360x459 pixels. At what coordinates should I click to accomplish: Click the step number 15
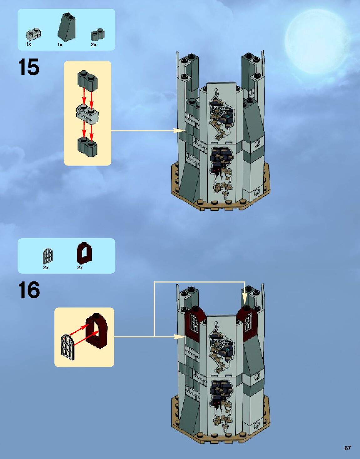(x=29, y=67)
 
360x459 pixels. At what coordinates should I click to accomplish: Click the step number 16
(x=29, y=290)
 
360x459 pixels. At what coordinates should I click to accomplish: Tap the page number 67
(x=347, y=448)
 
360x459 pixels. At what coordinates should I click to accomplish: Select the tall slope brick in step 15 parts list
(x=67, y=27)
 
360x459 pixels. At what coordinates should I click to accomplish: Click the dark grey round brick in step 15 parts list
(x=98, y=34)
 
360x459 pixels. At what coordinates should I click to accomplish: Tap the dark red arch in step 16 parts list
(x=84, y=253)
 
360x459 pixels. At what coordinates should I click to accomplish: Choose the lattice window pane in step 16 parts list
(x=48, y=256)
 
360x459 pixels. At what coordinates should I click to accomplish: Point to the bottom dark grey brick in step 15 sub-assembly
(x=87, y=147)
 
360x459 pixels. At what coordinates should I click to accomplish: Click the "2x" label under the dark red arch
(x=80, y=268)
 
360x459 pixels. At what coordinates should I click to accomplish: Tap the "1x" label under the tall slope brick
(x=60, y=45)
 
